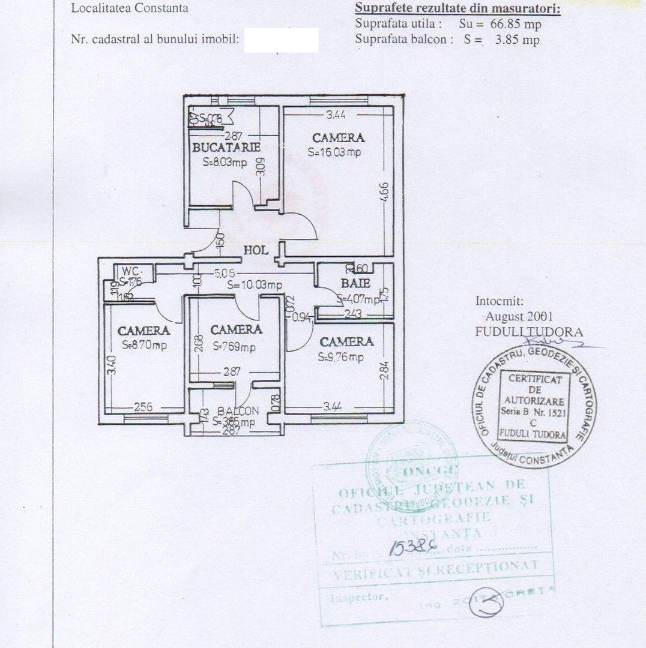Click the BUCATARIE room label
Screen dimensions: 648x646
pyautogui.click(x=226, y=147)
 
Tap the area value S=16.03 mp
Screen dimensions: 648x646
pyautogui.click(x=334, y=152)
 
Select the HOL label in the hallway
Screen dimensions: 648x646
pyautogui.click(x=255, y=250)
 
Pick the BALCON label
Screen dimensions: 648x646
pyautogui.click(x=238, y=412)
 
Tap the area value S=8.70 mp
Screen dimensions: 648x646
pyautogui.click(x=144, y=346)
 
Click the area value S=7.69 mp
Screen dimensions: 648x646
pyautogui.click(x=234, y=346)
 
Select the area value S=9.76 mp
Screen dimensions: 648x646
pyautogui.click(x=342, y=358)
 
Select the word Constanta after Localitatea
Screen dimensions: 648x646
pyautogui.click(x=160, y=8)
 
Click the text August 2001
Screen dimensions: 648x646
pyautogui.click(x=519, y=316)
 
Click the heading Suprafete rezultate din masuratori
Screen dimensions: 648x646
pyautogui.click(x=457, y=8)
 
